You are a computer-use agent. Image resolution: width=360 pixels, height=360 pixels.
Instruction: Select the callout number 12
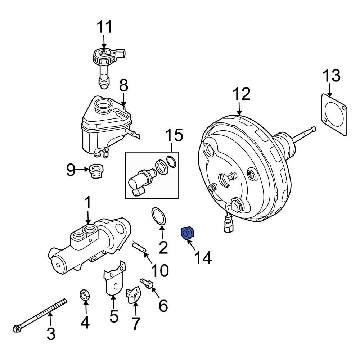[241, 94]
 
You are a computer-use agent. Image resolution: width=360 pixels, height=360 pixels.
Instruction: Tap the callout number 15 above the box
[174, 136]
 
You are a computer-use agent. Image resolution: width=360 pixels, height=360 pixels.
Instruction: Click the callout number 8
[123, 86]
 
